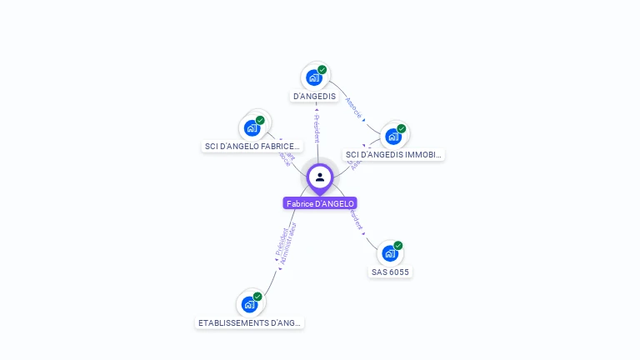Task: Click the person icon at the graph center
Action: [320, 177]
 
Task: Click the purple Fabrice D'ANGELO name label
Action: [320, 203]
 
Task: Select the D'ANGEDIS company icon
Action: [313, 77]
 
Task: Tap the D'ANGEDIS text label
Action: [314, 96]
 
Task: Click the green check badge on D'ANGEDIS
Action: [322, 70]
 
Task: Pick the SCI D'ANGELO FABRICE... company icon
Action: [252, 127]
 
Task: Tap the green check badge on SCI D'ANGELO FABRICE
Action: [260, 120]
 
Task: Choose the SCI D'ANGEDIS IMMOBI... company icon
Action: [392, 136]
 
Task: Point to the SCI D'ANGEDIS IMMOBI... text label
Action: [393, 154]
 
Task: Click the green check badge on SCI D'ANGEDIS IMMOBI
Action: [402, 129]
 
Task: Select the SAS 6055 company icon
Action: [389, 253]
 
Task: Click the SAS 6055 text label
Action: [390, 272]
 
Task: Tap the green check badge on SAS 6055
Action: [398, 246]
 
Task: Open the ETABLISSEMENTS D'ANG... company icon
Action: [248, 304]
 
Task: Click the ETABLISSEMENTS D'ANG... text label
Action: [249, 322]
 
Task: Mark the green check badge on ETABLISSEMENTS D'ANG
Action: [257, 297]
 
